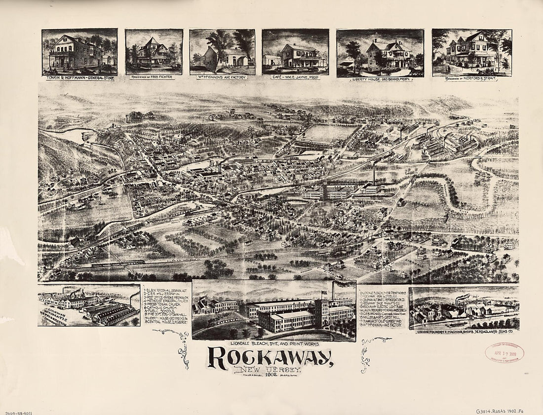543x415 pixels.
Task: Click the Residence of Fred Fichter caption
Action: (154, 77)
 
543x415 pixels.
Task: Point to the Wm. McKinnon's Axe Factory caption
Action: (222, 77)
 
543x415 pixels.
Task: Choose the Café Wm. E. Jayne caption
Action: (295, 77)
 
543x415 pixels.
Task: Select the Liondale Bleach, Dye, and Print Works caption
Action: (273, 342)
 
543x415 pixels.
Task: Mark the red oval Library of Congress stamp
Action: (504, 352)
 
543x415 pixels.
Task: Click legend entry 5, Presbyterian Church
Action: (163, 304)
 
